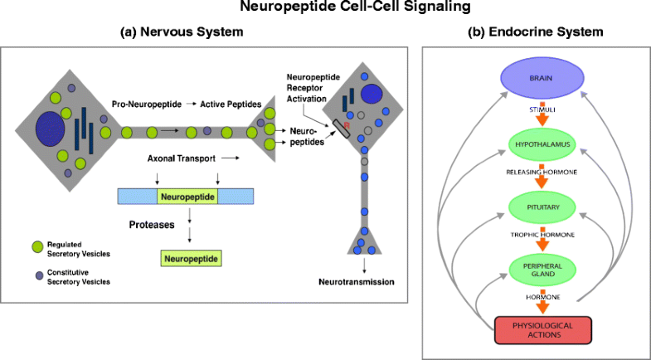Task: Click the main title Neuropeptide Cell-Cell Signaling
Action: (325, 9)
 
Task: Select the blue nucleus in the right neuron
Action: (372, 95)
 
